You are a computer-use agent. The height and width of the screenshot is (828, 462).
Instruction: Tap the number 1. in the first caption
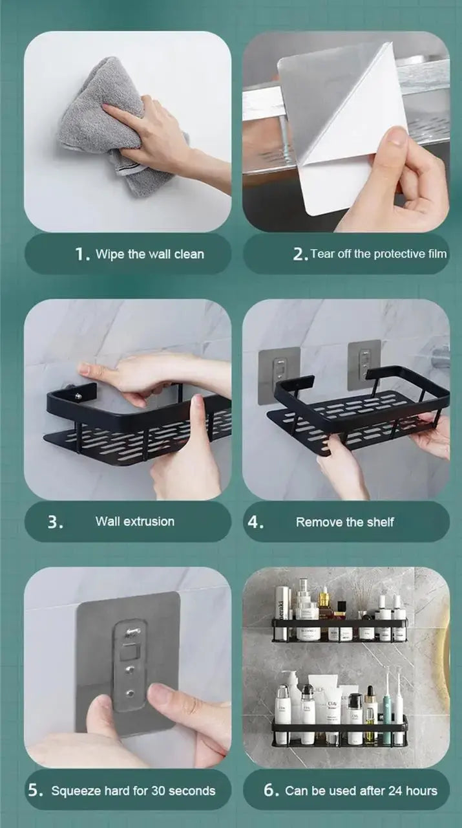82,254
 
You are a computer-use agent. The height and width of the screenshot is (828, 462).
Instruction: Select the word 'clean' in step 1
189,254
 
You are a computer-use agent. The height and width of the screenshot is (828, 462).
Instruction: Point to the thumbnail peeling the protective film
394,137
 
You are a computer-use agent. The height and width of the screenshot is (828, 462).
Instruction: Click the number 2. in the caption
300,254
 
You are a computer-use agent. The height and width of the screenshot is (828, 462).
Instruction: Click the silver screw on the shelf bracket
78,397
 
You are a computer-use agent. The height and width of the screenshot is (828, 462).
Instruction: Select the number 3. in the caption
56,522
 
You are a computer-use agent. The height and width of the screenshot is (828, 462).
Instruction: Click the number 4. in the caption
256,522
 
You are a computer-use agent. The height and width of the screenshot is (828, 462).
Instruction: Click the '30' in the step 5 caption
158,790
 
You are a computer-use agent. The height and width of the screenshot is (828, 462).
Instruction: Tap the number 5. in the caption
36,790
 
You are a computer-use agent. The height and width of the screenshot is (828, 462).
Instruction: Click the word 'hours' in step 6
421,790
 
